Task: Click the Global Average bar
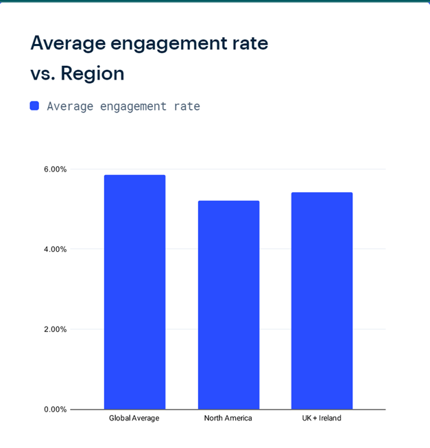134,292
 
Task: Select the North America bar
228,305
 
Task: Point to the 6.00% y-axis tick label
56,169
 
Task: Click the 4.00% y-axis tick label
56,249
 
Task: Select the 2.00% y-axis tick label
56,329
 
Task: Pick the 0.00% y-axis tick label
56,410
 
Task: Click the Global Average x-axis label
134,418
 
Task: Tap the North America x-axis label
228,418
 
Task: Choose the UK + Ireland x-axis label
322,418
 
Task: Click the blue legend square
34,106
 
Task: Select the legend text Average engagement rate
123,106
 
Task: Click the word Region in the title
93,73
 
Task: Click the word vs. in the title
43,73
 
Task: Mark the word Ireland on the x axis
330,418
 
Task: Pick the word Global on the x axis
121,418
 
